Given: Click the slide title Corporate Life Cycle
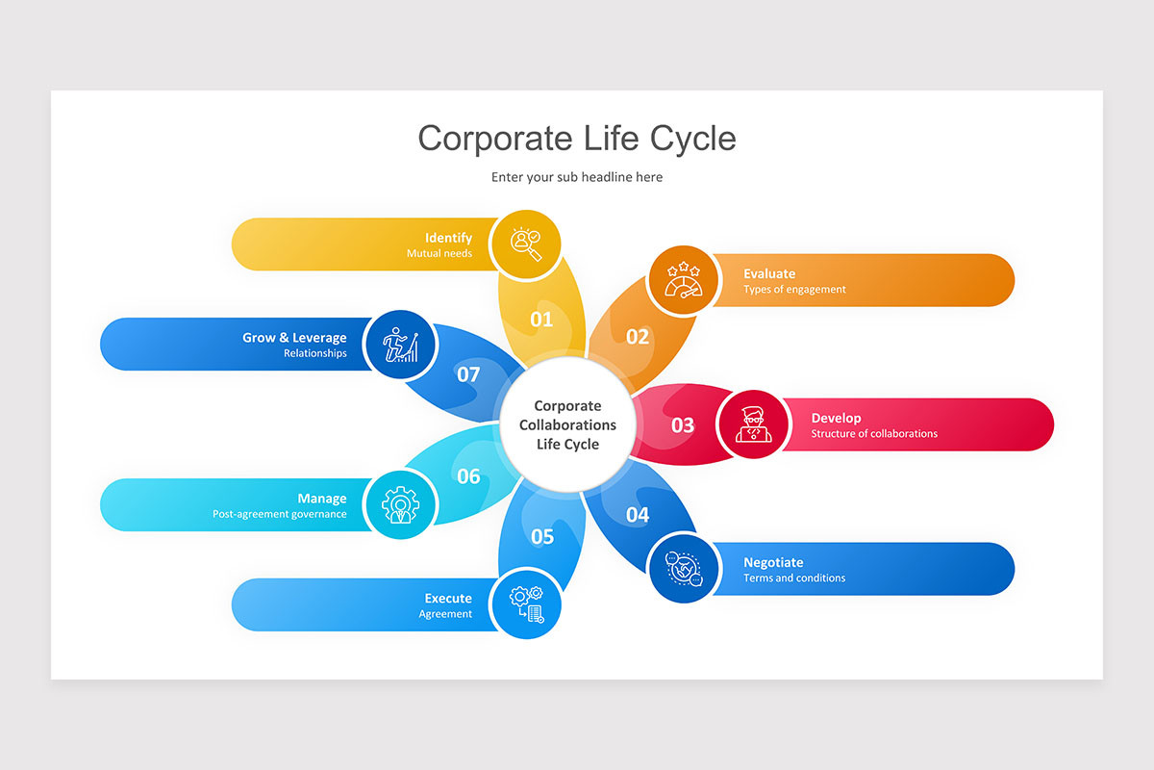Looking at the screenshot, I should click(x=576, y=138).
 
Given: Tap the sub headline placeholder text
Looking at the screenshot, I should click(x=576, y=177).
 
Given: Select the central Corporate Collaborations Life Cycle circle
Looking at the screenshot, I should click(x=567, y=424).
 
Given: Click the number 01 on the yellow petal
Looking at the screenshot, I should click(x=542, y=319).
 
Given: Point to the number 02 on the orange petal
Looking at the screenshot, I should click(x=638, y=337).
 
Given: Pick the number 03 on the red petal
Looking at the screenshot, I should click(x=682, y=424).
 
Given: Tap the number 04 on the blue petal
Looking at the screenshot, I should click(x=638, y=515).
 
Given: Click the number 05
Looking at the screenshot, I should click(x=542, y=536).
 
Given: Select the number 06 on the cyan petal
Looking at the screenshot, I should click(x=468, y=476).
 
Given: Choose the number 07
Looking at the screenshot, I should click(x=468, y=374).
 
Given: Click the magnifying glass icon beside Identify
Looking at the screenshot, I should click(x=525, y=244).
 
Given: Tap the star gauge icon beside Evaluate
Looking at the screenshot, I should click(x=683, y=280).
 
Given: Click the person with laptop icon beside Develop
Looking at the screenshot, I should click(x=754, y=424).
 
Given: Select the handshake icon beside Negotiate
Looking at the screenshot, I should click(x=683, y=568).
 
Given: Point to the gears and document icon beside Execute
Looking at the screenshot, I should click(x=525, y=604).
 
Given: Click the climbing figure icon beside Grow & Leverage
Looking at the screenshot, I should click(x=401, y=345).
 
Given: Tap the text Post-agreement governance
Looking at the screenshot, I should click(x=279, y=514).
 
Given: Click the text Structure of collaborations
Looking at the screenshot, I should click(x=873, y=433).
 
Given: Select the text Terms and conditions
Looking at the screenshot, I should click(x=793, y=577).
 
